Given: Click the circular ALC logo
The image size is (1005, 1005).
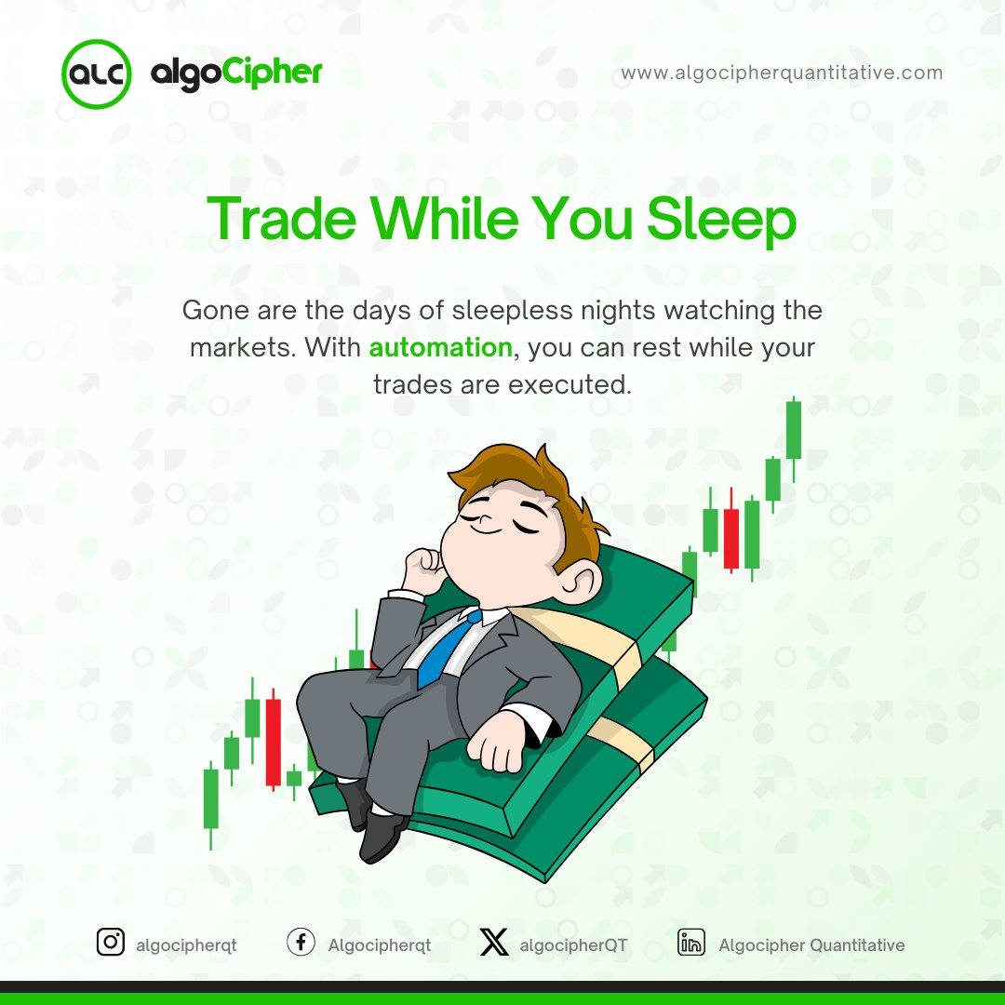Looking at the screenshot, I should point(95,74).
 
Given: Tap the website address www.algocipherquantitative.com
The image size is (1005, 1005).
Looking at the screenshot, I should point(782,73).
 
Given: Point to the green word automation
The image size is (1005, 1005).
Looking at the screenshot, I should point(440,347).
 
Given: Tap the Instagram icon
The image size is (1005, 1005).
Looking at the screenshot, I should point(111,943).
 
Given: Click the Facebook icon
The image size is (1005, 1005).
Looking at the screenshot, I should point(300,943).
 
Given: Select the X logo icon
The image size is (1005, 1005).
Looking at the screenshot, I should point(494,944).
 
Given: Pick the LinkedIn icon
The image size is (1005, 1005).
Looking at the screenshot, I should point(690,943).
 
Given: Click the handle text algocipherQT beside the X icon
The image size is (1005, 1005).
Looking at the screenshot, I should point(573,945).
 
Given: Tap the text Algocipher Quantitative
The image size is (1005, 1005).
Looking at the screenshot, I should point(811,945).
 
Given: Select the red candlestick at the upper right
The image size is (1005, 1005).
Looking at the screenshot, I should point(731,538).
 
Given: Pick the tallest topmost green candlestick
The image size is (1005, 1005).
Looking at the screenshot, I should point(793,429).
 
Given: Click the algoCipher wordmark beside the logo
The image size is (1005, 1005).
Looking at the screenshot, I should point(236,73).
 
